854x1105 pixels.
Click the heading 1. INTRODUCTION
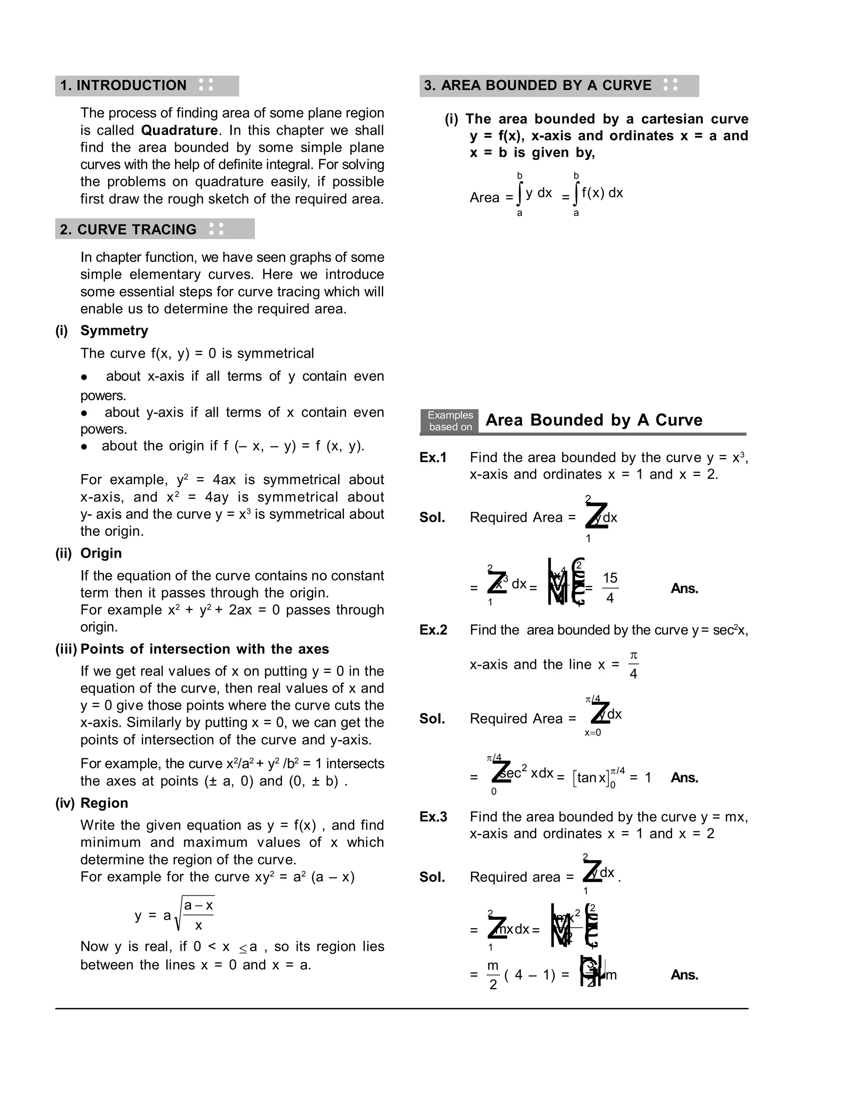(123, 85)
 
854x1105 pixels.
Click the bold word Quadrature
(179, 130)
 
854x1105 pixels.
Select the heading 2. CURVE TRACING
(128, 229)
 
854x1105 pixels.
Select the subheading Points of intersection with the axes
(204, 649)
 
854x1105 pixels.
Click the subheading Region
(104, 803)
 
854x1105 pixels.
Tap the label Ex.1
(433, 457)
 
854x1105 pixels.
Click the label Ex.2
(433, 630)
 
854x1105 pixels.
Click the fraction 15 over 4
(610, 588)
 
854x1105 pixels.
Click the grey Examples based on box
(450, 421)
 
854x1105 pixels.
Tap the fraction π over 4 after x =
(633, 665)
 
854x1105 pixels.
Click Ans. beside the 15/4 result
(684, 588)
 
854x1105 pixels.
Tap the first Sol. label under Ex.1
(432, 517)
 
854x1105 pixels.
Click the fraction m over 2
(493, 974)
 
